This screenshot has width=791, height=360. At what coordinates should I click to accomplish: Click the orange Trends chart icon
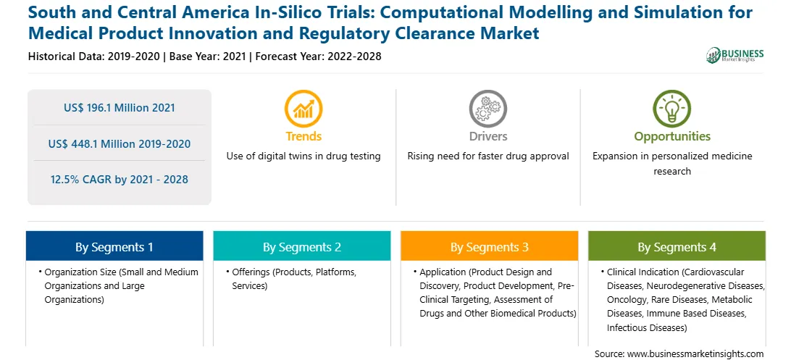click(304, 109)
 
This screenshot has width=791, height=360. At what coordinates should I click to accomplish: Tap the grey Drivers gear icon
click(487, 109)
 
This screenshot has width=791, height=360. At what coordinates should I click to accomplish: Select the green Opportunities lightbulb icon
click(672, 109)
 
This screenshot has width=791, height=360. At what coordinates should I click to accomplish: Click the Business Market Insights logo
click(735, 54)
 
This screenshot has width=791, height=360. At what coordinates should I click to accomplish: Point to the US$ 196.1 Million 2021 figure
click(119, 107)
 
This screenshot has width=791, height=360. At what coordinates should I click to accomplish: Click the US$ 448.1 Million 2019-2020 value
click(119, 143)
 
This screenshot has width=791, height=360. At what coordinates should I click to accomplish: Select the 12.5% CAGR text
click(119, 180)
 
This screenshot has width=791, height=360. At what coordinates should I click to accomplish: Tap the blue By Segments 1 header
click(114, 246)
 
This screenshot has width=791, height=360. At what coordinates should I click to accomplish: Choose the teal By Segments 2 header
click(301, 246)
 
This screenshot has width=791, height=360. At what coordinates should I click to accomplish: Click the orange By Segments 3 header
click(490, 246)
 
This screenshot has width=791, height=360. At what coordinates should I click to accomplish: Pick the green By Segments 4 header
click(677, 246)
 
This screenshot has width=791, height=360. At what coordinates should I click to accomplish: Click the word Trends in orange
click(304, 136)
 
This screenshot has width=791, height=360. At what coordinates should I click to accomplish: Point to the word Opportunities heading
click(672, 136)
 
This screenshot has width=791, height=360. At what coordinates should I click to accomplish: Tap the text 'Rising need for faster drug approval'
click(487, 156)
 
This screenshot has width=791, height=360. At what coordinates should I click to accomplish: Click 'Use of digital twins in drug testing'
click(304, 156)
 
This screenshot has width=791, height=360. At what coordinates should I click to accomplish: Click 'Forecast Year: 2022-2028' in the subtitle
click(318, 56)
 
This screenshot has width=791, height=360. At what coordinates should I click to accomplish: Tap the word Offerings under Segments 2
click(251, 272)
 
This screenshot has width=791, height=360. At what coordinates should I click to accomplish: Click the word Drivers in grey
click(487, 136)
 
